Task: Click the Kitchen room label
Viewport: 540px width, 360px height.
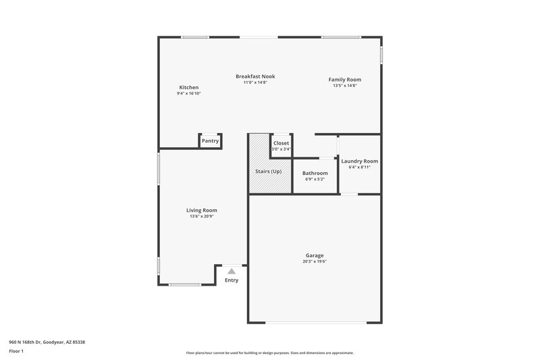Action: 188,87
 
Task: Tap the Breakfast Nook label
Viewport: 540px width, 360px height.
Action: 255,76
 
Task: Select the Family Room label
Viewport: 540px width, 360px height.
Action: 344,80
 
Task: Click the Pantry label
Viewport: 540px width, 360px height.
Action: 210,140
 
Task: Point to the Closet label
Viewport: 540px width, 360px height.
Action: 281,143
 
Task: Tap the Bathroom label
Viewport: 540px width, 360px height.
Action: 315,173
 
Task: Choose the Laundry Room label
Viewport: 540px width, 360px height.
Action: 359,161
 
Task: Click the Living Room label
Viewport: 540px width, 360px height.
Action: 201,210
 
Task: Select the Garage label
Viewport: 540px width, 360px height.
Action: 315,255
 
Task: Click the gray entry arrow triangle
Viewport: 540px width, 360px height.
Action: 231,271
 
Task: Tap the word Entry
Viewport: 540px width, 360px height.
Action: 232,280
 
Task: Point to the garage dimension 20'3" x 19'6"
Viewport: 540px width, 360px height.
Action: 315,261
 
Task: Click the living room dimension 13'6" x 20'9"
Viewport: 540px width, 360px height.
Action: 201,216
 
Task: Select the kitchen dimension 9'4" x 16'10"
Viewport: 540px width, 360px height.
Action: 188,93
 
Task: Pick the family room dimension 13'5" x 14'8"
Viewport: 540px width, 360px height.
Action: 344,86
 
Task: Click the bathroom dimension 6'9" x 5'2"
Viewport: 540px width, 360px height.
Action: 315,179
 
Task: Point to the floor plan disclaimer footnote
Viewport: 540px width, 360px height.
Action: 269,353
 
